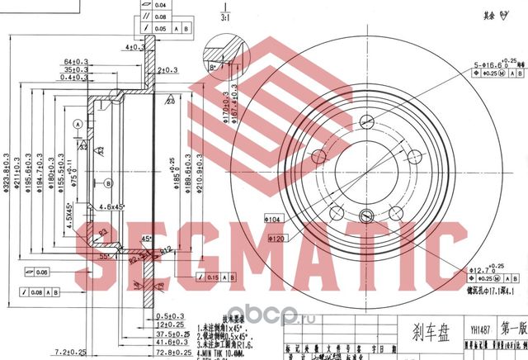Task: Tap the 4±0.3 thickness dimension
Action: (x=130, y=47)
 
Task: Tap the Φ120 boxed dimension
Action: (x=279, y=237)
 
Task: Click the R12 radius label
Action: (x=165, y=249)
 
